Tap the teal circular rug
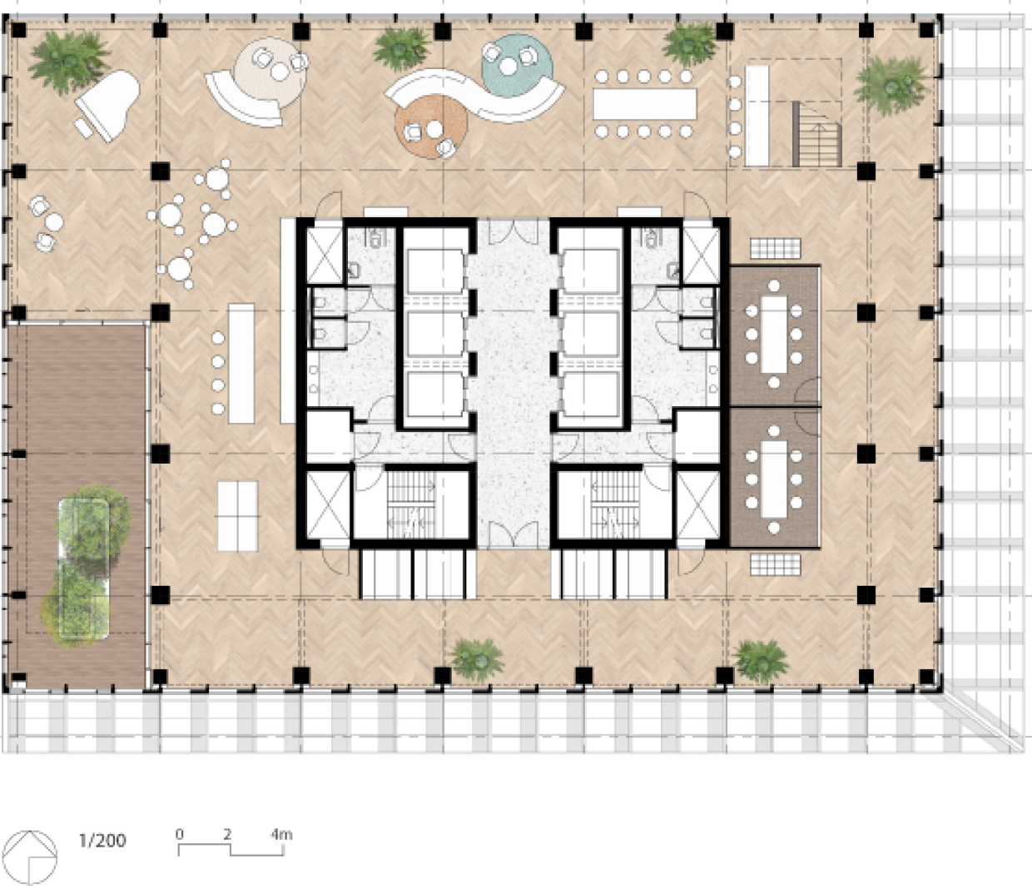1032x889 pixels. (517, 66)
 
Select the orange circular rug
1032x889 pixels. (431, 127)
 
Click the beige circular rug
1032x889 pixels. (270, 74)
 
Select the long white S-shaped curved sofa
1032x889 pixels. (474, 96)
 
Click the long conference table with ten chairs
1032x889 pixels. (644, 104)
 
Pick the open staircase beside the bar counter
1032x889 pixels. (816, 134)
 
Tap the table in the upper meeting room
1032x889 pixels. (773, 334)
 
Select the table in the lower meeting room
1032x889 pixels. (773, 479)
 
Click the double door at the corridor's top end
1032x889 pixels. (514, 231)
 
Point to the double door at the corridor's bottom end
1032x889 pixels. (514, 534)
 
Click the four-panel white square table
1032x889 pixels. (238, 516)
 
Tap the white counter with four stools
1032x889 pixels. (241, 364)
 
